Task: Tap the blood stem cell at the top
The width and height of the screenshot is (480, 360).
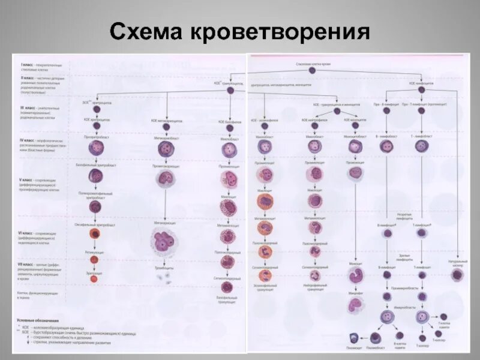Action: pos(312,70)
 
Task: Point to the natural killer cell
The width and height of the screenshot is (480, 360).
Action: pos(457,274)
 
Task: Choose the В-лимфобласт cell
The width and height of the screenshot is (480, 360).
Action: pos(387,146)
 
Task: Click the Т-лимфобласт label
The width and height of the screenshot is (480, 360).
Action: pos(424,137)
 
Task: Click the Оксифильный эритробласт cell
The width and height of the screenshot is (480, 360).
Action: pos(94,233)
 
